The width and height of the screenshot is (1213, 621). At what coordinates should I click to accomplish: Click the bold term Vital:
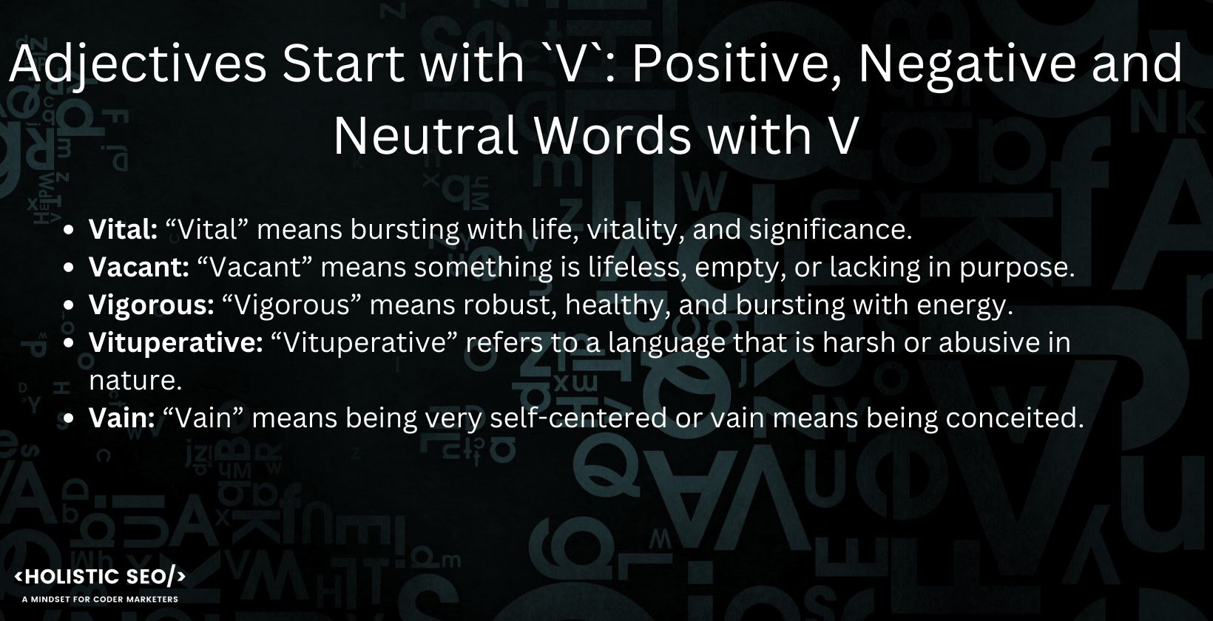[x=123, y=230]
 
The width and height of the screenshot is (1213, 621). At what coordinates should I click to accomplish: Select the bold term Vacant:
[x=138, y=267]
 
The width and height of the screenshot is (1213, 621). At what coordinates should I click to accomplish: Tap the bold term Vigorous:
[x=152, y=305]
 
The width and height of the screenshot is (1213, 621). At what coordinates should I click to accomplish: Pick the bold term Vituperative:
[x=175, y=343]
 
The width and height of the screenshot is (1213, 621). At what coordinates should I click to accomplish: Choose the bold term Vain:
[x=122, y=418]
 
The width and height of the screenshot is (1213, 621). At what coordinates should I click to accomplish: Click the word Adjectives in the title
[x=138, y=65]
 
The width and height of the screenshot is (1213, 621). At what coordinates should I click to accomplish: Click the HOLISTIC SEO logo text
[x=100, y=577]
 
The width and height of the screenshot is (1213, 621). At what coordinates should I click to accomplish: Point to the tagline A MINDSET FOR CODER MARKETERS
[x=100, y=600]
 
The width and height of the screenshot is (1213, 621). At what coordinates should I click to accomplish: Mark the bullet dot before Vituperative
[x=68, y=343]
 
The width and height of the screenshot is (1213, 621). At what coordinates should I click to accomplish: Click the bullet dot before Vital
[x=68, y=230]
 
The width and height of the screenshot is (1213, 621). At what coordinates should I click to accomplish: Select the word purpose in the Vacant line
[x=1017, y=268]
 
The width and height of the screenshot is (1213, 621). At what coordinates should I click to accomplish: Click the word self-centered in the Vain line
[x=578, y=418]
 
